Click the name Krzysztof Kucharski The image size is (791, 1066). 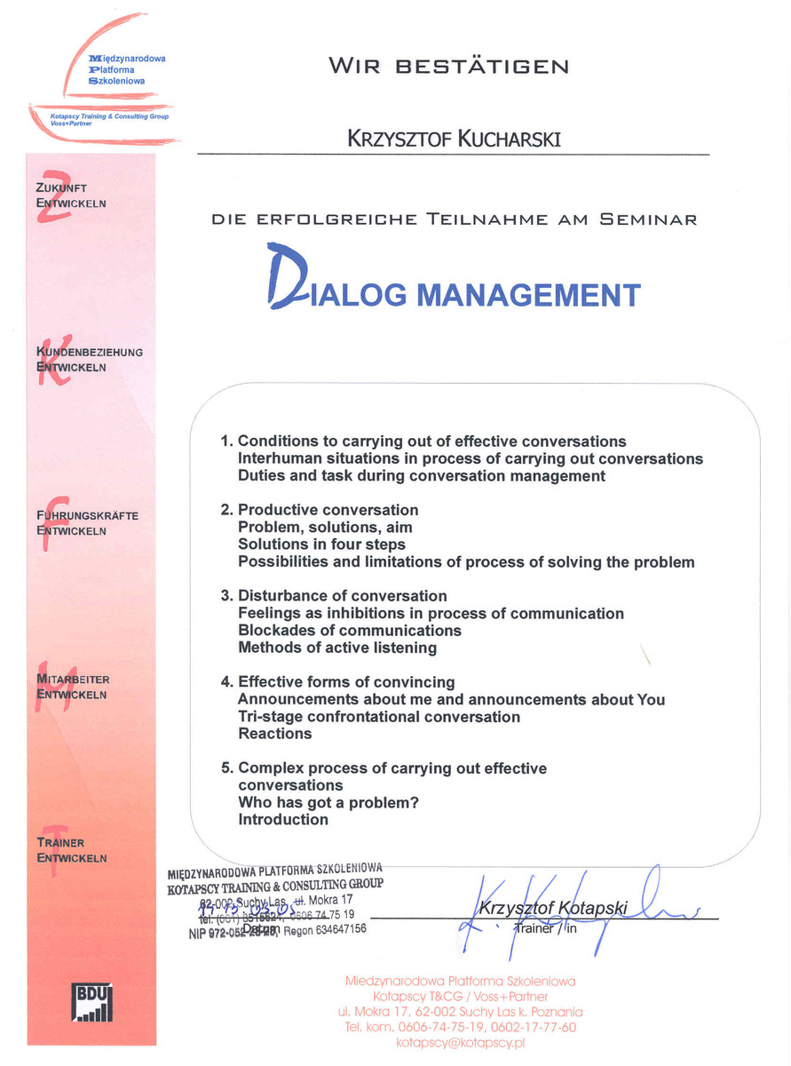pos(455,139)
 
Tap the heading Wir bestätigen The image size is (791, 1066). pos(448,67)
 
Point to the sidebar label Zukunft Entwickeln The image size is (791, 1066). pos(72,195)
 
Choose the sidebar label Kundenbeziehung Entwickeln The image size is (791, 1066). pos(89,360)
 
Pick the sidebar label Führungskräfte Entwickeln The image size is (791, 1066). pos(87,523)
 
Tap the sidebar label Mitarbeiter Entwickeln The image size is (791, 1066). pos(73,687)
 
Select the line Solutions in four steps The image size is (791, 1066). pos(321,545)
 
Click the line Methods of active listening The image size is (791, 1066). pos(337,648)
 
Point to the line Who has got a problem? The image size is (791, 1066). pos(328,802)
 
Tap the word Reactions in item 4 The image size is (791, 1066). pos(275,734)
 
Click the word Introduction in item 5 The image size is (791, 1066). pos(283,820)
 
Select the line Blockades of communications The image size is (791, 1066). pos(350,631)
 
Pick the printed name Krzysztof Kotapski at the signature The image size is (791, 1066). pos(553,908)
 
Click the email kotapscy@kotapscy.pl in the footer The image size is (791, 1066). pos(461,1042)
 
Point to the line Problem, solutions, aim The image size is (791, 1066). pos(325,528)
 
